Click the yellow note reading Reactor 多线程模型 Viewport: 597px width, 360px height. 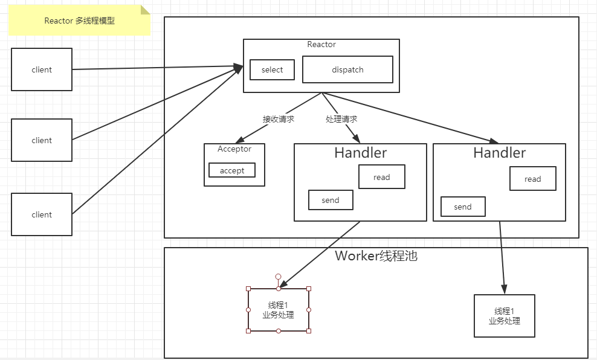pyautogui.click(x=79, y=21)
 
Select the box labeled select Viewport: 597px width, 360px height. pyautogui.click(x=272, y=69)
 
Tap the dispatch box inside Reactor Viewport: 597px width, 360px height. pyautogui.click(x=347, y=69)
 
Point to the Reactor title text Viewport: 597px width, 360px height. pyautogui.click(x=321, y=44)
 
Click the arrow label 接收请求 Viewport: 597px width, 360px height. pyautogui.click(x=279, y=119)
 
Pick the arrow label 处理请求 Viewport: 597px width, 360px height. pyautogui.click(x=341, y=119)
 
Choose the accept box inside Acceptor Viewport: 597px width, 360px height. pyautogui.click(x=232, y=170)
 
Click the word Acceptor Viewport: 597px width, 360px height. pyautogui.click(x=234, y=149)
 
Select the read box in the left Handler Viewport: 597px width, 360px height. pyautogui.click(x=382, y=177)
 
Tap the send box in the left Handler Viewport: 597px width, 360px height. pyautogui.click(x=331, y=200)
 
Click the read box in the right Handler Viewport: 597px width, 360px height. pyautogui.click(x=533, y=179)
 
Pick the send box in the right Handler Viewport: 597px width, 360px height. pyautogui.click(x=463, y=207)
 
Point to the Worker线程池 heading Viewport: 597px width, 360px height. pyautogui.click(x=376, y=256)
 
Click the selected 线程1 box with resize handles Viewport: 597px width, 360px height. pyautogui.click(x=279, y=310)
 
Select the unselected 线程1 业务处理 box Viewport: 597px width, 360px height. pyautogui.click(x=505, y=316)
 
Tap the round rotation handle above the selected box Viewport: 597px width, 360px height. pyautogui.click(x=279, y=277)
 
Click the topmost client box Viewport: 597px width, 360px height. pyautogui.click(x=42, y=69)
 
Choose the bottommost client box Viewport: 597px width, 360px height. pyautogui.click(x=42, y=214)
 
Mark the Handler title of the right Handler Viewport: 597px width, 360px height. pyautogui.click(x=500, y=153)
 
